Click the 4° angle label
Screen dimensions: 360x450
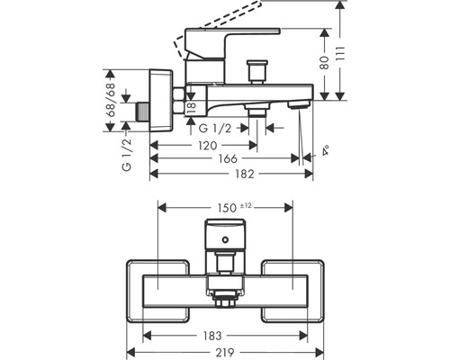(311, 154)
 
